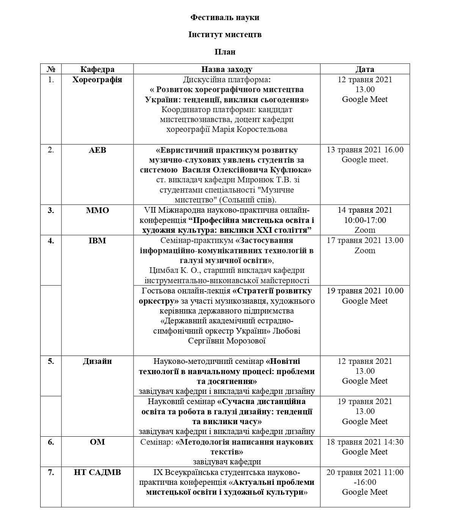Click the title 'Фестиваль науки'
click(x=225, y=17)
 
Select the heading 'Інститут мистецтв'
click(x=225, y=34)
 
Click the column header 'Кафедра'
click(x=97, y=69)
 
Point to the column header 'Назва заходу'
click(x=226, y=69)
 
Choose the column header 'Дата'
click(x=365, y=69)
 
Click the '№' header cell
click(x=51, y=69)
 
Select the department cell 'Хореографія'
click(x=97, y=80)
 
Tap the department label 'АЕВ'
click(x=97, y=150)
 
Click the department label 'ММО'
click(x=97, y=210)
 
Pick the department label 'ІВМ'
click(x=97, y=240)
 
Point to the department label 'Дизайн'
click(x=97, y=361)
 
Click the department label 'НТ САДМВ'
click(x=97, y=472)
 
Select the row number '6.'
click(x=51, y=442)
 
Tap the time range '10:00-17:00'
click(x=365, y=220)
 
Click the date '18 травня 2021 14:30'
click(x=365, y=442)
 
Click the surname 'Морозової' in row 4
click(x=247, y=341)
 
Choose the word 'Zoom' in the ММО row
click(x=365, y=230)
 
